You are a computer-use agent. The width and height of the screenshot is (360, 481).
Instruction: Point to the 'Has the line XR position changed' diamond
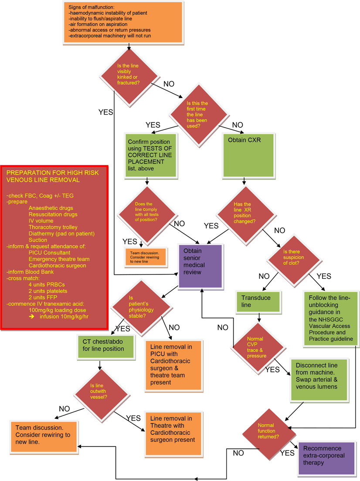tap(242, 213)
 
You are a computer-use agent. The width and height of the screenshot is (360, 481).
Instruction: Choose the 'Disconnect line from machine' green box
tap(316, 379)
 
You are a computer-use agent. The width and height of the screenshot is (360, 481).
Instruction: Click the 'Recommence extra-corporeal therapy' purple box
tap(326, 458)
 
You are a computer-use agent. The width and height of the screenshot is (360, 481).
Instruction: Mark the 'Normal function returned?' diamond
tap(269, 430)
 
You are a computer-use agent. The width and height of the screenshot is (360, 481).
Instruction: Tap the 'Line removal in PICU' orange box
tap(174, 365)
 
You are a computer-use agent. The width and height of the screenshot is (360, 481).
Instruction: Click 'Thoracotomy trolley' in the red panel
tap(53, 227)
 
